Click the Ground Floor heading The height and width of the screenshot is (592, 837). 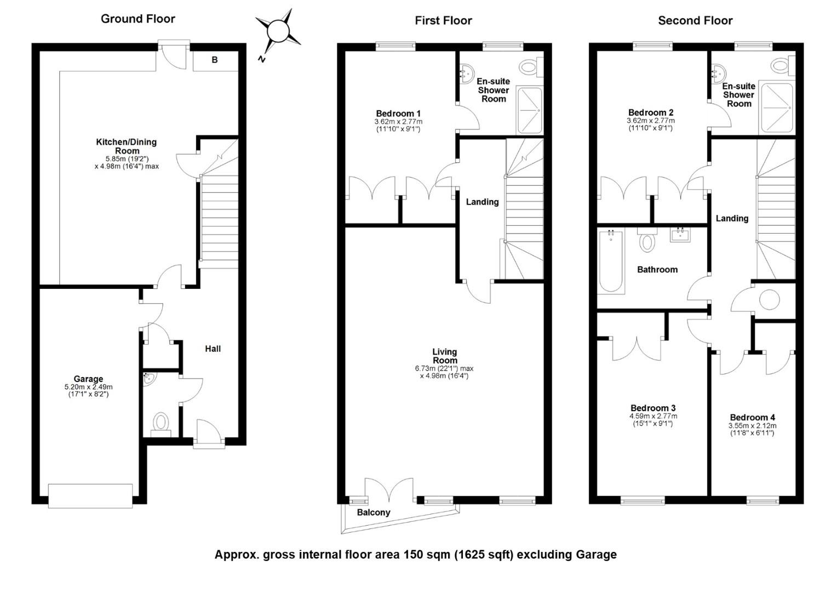point(138,19)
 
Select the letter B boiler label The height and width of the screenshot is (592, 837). point(215,60)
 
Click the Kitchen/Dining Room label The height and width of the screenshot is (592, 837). point(127,146)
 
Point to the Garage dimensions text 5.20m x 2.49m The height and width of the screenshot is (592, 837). point(89,387)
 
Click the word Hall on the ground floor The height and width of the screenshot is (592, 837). point(213,349)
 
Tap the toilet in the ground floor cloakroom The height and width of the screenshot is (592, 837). point(161,424)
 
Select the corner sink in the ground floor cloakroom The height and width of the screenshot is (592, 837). point(149,379)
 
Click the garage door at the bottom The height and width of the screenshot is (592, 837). point(90,496)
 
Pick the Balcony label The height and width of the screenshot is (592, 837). point(374,513)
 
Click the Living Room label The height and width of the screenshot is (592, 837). point(445,356)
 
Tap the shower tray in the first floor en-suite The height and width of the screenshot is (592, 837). point(530,110)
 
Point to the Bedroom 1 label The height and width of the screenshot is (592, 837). point(398,113)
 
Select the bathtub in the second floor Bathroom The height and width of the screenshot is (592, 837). point(611,261)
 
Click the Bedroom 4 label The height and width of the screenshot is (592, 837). point(753,417)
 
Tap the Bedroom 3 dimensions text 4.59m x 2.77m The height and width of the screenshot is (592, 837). point(653,416)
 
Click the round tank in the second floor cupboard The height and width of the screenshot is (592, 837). point(770,299)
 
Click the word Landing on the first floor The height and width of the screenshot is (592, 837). point(483,202)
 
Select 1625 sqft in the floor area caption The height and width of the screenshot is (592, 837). point(485,555)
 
